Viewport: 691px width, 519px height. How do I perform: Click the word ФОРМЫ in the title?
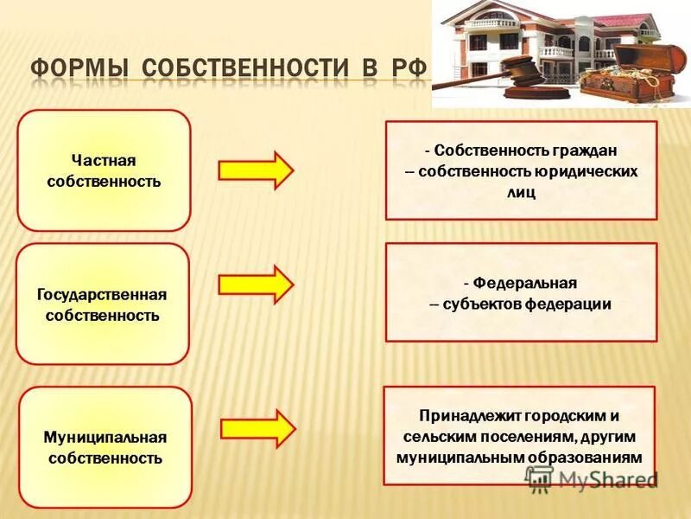[79, 67]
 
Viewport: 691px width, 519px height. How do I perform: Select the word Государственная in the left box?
[102, 295]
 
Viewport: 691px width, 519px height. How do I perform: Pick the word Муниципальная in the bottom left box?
[105, 437]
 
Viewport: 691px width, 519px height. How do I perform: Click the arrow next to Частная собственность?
[256, 170]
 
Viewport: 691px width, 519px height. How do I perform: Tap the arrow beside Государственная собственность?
[256, 284]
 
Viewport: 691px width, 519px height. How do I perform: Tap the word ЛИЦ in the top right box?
[523, 193]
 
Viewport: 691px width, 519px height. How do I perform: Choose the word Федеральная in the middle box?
[526, 283]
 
